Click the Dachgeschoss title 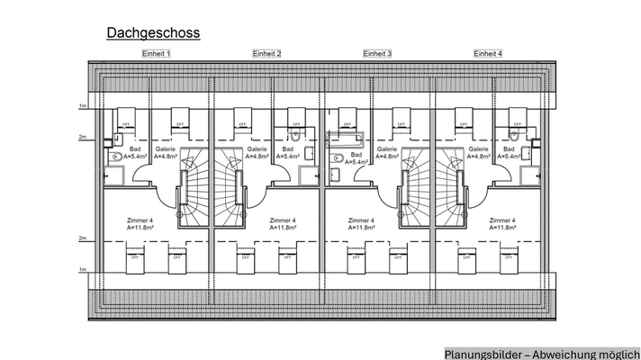tap(153, 33)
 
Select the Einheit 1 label tap(156, 54)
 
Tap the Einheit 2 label tap(266, 54)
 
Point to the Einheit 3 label tap(377, 54)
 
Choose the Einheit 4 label tap(488, 54)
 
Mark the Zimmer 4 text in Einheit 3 tap(362, 220)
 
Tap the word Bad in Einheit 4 tap(509, 149)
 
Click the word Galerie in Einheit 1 tap(165, 149)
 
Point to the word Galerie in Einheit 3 tap(387, 149)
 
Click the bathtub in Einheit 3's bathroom tap(347, 139)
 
